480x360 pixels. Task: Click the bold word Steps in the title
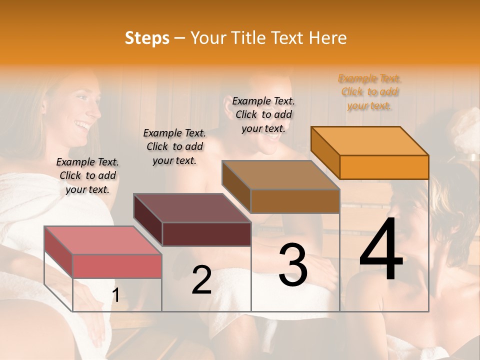(x=147, y=38)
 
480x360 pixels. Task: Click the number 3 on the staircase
(x=292, y=265)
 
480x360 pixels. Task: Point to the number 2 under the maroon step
(x=201, y=280)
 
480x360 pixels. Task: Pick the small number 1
(x=115, y=295)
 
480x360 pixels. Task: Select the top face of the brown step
(x=281, y=175)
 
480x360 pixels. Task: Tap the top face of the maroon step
(x=192, y=208)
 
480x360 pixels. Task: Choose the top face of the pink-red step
(x=103, y=240)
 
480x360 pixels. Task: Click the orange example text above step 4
(x=369, y=92)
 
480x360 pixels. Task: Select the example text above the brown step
(x=263, y=114)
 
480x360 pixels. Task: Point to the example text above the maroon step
(x=174, y=146)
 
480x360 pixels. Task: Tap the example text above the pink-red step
(x=87, y=175)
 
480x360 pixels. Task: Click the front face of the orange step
(x=384, y=167)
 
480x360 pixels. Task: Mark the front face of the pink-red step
(x=117, y=266)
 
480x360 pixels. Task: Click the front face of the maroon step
(x=206, y=234)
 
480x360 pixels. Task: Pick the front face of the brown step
(x=295, y=201)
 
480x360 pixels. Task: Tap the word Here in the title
(x=328, y=38)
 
